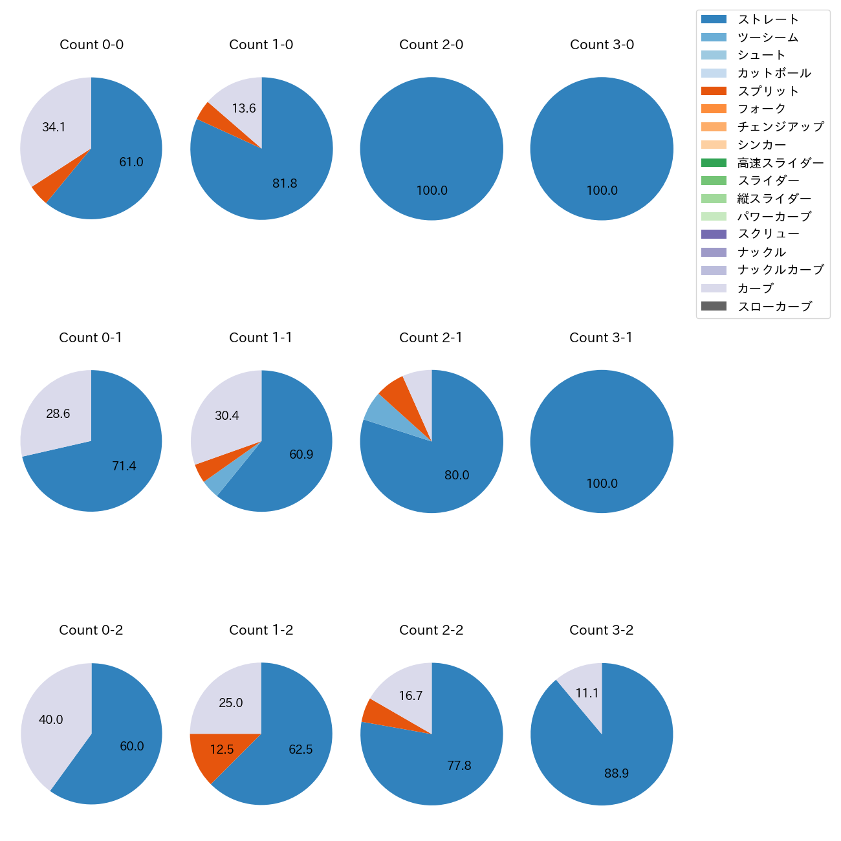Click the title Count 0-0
coord(91,45)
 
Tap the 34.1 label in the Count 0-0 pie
coord(54,127)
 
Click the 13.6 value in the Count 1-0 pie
coord(244,109)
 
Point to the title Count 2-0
coord(431,45)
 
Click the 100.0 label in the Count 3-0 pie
coord(602,191)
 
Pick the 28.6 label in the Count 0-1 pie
coord(58,414)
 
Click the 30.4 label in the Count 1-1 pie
coord(227,416)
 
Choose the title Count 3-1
coord(601,338)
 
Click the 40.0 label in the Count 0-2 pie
coord(51,720)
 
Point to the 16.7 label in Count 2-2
coord(411,696)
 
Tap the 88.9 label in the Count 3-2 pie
coord(617,774)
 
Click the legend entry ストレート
coord(768,19)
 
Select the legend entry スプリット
coord(768,91)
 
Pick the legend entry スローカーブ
coord(774,307)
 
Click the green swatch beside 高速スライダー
coord(714,163)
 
